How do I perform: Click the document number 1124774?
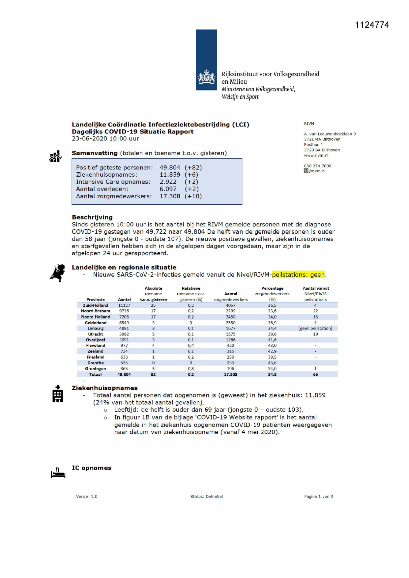372,25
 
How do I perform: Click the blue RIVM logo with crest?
206,60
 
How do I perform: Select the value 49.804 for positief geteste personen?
170,167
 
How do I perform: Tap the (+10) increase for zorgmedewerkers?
193,196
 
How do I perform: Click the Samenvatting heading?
95,153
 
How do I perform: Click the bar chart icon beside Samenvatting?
55,156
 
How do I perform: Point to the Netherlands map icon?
58,273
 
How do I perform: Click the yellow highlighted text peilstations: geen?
298,275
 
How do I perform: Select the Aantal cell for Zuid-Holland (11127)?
124,305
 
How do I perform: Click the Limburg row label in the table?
96,329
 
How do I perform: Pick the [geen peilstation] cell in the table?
315,329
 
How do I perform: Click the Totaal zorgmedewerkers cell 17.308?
231,375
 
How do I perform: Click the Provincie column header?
96,300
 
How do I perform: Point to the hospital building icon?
58,394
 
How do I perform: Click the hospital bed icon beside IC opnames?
58,473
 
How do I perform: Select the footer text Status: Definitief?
207,497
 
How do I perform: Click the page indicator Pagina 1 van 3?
318,497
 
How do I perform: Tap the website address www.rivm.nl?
316,156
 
